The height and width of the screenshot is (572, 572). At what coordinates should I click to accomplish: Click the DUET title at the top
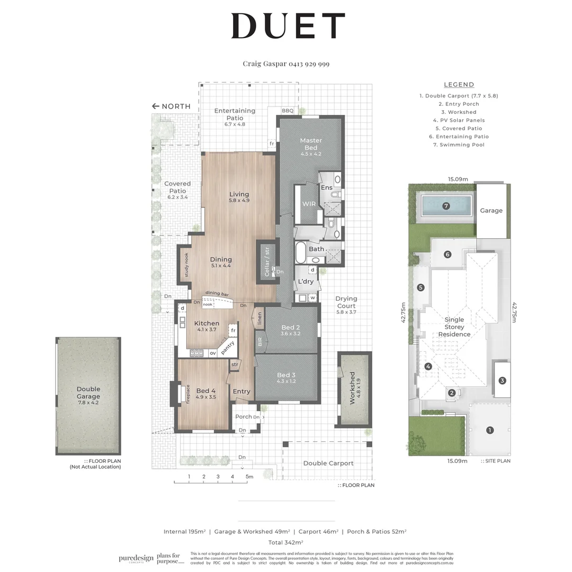288,26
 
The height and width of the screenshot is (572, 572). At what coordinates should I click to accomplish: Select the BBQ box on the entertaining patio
288,111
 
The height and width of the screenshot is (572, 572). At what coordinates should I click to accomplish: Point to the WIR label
309,204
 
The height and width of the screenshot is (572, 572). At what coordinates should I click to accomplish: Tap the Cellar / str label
267,261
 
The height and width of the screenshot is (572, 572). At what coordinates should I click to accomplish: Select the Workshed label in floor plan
352,388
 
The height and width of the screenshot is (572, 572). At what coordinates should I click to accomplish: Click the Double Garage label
88,392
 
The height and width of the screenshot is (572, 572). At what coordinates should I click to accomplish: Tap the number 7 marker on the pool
446,206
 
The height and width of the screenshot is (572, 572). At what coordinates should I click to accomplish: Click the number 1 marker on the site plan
490,430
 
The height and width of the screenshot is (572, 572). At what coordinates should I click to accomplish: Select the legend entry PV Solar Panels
459,120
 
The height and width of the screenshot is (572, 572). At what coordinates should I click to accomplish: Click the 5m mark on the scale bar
248,477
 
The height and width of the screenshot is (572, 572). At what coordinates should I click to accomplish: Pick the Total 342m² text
285,542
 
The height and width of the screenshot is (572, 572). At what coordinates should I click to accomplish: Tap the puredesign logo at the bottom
136,558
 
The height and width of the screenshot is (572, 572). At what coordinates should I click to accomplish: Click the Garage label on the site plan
491,210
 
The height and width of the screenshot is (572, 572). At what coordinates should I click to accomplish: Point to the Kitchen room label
207,323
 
